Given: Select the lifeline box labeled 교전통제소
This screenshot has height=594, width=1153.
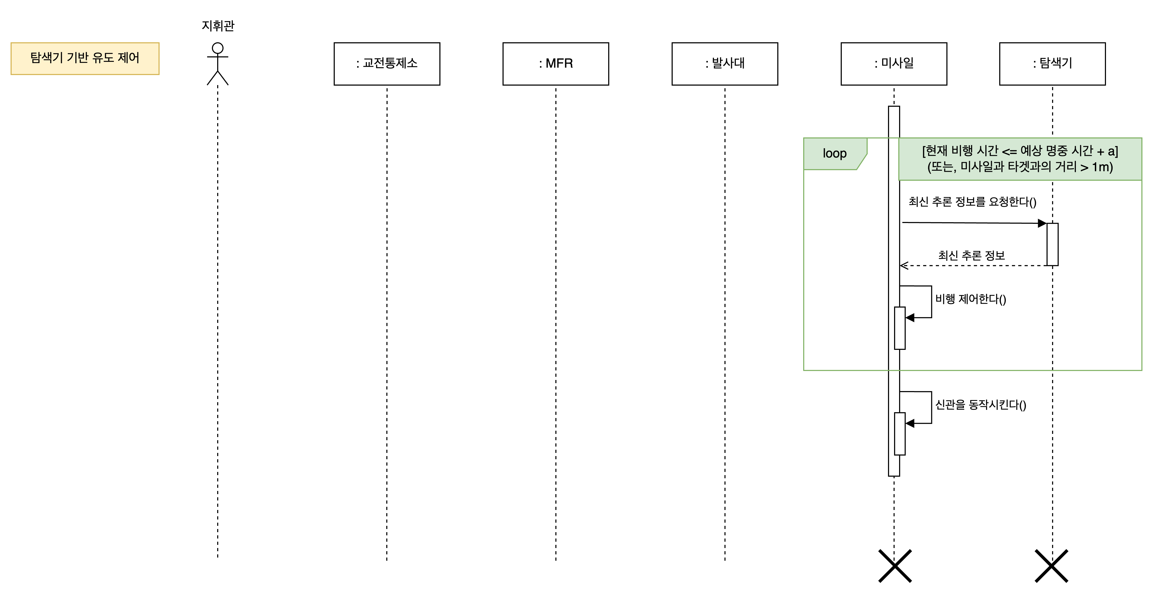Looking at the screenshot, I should point(387,64).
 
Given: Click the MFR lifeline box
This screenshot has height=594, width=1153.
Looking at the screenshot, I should point(555,64).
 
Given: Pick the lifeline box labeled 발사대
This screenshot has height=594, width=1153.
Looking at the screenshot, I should point(725,64).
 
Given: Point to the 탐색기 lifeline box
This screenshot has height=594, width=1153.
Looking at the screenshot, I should point(1052,64).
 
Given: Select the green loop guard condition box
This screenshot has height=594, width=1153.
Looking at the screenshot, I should point(1020,159).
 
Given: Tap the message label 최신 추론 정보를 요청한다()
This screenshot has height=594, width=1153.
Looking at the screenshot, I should point(972,202).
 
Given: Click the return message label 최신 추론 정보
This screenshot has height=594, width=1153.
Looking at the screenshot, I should point(971,256).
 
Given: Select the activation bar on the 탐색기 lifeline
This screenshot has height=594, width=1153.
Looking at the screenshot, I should point(1052,244).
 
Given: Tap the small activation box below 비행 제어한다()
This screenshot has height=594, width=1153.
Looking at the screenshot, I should point(899,328).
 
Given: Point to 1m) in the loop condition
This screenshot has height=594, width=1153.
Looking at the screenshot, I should point(1103,167).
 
